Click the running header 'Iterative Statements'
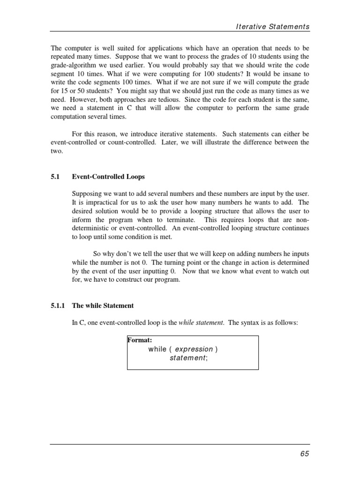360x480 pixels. [x=272, y=27]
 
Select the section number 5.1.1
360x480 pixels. [x=60, y=306]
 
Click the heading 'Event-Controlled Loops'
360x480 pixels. [x=108, y=177]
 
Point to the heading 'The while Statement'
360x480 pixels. [x=103, y=306]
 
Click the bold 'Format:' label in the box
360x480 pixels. [x=140, y=340]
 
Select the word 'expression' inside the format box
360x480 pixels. [x=194, y=349]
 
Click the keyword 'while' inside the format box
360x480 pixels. [x=157, y=349]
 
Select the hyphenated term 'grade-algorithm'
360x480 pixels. [x=73, y=66]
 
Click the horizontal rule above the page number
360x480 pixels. [x=180, y=444]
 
